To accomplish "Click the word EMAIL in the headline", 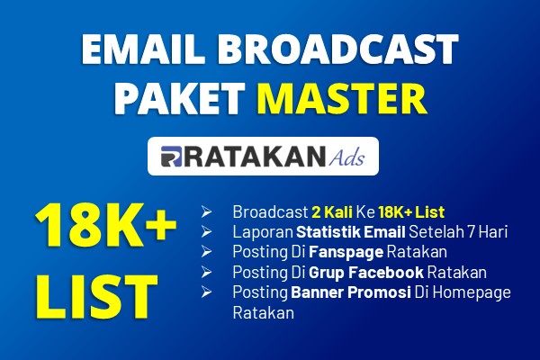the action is (140, 49).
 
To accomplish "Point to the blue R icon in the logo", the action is (171, 157).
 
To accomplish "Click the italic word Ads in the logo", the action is (346, 157).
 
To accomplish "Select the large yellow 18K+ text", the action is (105, 225).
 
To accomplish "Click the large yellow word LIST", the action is (96, 296).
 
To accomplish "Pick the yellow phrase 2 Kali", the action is (332, 211).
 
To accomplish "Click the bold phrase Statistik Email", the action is (351, 232).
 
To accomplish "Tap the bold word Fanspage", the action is (346, 252).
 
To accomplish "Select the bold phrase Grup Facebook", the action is (366, 273).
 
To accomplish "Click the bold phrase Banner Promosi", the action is (351, 292).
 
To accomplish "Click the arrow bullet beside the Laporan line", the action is (206, 232).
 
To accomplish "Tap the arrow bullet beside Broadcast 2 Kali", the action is (206, 211).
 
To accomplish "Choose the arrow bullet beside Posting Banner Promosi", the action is (206, 292).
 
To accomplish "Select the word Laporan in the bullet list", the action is (263, 232).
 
